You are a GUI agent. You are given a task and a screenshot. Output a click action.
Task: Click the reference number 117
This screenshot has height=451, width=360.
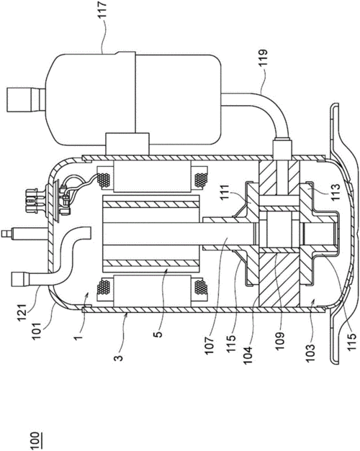pos(102,10)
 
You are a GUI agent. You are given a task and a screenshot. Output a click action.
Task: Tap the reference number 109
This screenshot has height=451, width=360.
pos(279,340)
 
